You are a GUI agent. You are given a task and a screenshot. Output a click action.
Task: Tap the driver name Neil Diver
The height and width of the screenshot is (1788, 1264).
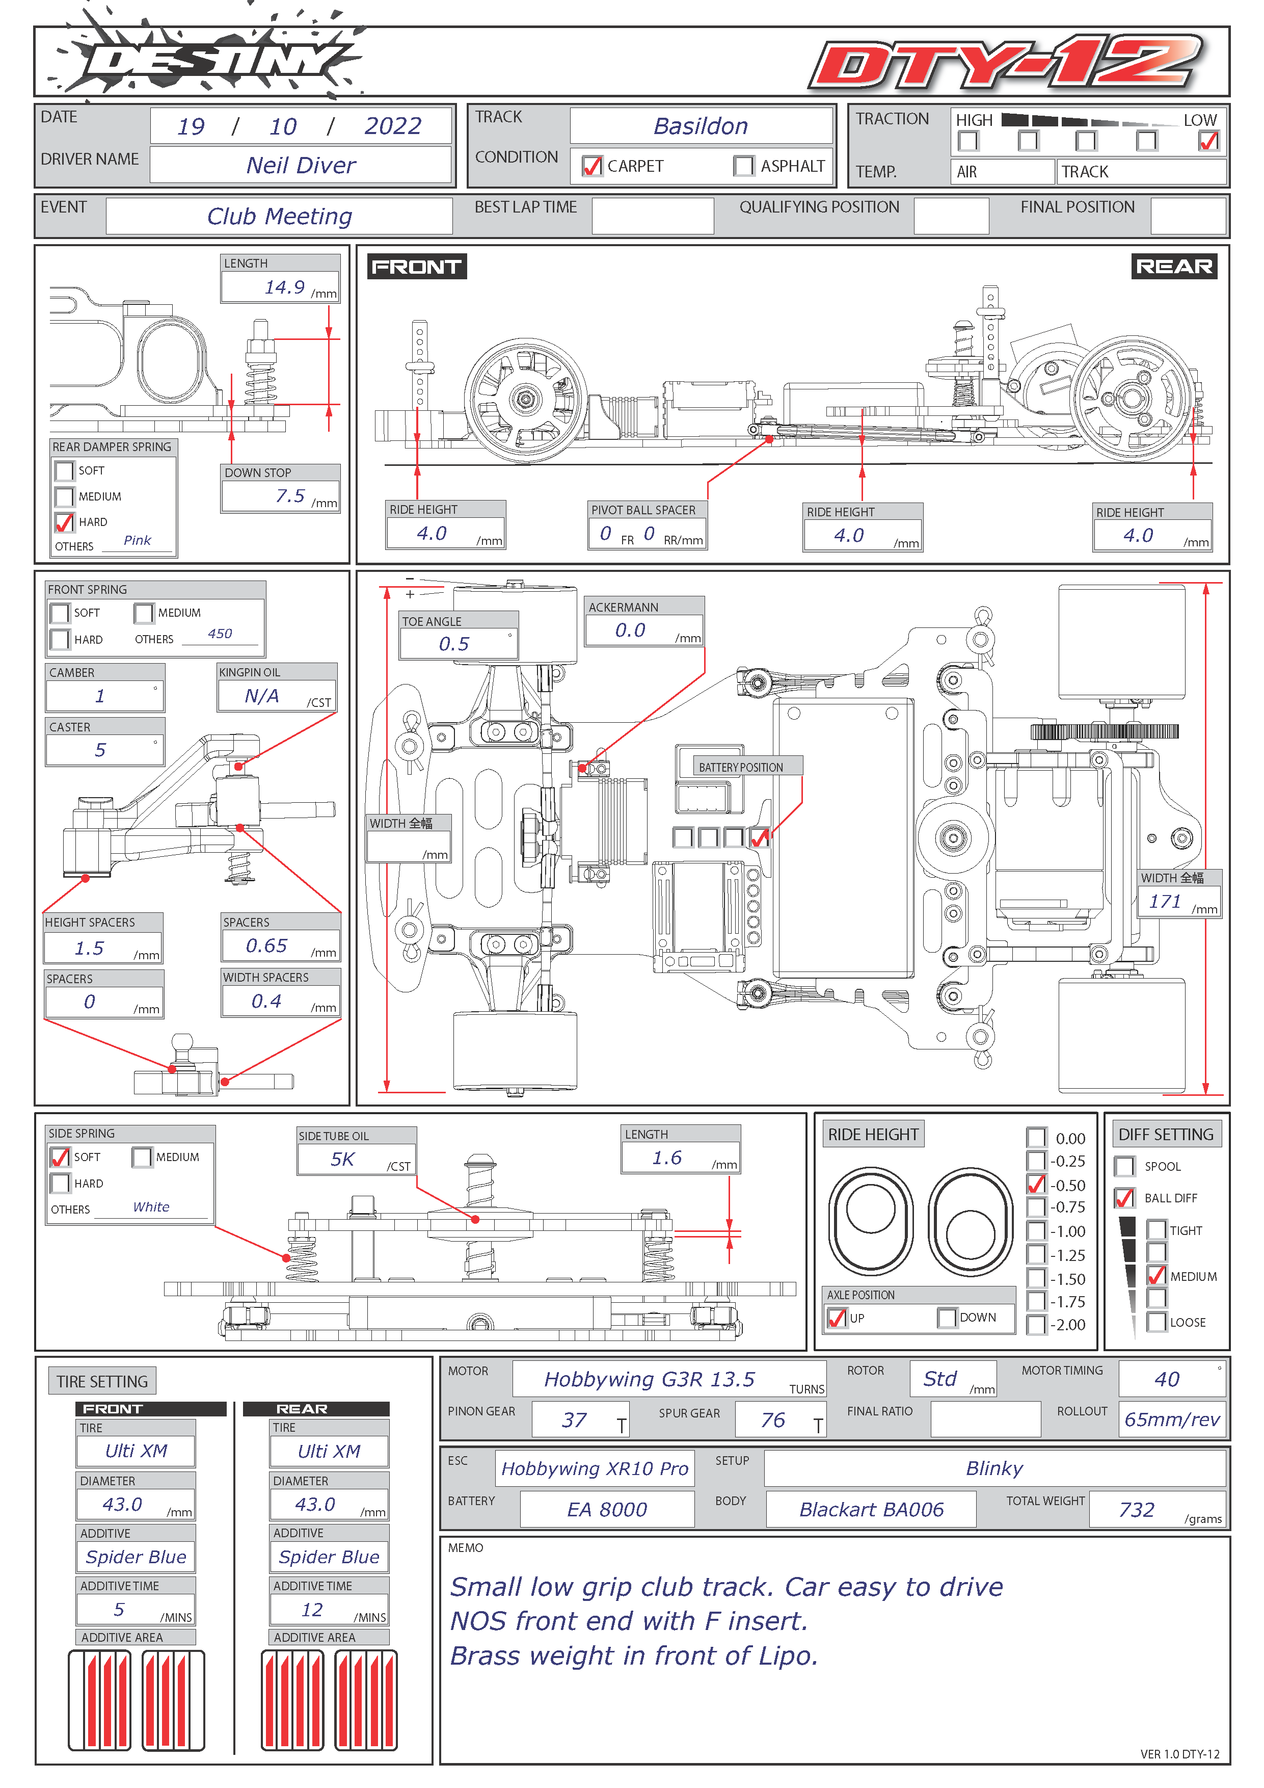(301, 165)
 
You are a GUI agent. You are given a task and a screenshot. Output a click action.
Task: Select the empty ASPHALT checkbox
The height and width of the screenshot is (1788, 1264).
(743, 166)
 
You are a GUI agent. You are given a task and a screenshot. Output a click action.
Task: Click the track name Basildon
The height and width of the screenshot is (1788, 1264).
(701, 126)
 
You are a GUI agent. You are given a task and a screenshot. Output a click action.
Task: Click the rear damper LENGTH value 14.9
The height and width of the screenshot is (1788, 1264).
(284, 287)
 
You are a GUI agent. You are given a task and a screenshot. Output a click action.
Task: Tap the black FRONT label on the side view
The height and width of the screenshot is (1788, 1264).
(416, 267)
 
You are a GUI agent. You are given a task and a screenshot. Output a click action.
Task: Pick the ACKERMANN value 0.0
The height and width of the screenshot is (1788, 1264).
(630, 630)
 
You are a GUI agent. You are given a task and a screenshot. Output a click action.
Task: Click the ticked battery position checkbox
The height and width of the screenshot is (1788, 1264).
(759, 837)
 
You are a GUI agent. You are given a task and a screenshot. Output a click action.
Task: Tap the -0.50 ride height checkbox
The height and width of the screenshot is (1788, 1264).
(1036, 1185)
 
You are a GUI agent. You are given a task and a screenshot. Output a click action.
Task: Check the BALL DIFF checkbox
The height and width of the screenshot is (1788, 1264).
(1124, 1198)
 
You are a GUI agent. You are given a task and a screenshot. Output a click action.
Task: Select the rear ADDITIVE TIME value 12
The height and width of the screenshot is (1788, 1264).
(312, 1610)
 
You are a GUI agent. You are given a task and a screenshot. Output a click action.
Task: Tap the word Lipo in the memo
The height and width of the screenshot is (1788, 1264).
(787, 1655)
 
